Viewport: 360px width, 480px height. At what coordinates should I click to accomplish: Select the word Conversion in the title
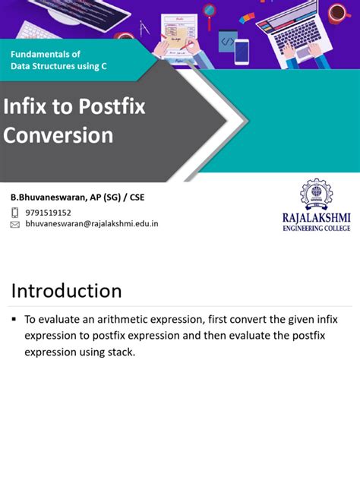(x=58, y=135)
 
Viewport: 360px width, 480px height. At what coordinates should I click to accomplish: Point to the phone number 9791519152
(x=48, y=213)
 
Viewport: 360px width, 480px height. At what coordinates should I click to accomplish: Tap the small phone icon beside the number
(x=14, y=213)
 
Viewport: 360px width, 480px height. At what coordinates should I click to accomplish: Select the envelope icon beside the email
(x=14, y=225)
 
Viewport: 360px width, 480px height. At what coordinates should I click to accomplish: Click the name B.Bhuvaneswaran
(x=49, y=197)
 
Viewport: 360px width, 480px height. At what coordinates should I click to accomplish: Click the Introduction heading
(x=66, y=291)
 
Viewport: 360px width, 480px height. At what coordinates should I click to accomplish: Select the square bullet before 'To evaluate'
(x=14, y=320)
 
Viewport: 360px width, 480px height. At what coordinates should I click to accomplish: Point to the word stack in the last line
(x=119, y=352)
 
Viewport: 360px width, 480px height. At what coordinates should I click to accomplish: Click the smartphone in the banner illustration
(x=242, y=51)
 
